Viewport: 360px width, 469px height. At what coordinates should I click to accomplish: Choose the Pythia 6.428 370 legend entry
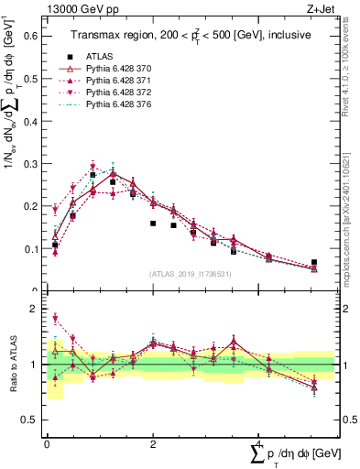(x=121, y=69)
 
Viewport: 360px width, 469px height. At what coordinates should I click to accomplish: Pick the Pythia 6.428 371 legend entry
(x=121, y=82)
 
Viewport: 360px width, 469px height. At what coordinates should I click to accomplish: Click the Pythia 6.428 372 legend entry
(x=121, y=93)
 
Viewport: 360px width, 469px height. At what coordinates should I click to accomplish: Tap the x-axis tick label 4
(x=260, y=442)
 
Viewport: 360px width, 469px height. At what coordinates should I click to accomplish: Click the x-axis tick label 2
(x=153, y=442)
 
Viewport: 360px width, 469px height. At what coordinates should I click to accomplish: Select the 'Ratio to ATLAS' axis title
(x=14, y=364)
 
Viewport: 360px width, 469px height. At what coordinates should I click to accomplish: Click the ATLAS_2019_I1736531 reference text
(x=190, y=274)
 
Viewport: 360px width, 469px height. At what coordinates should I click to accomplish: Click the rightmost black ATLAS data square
(x=314, y=262)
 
